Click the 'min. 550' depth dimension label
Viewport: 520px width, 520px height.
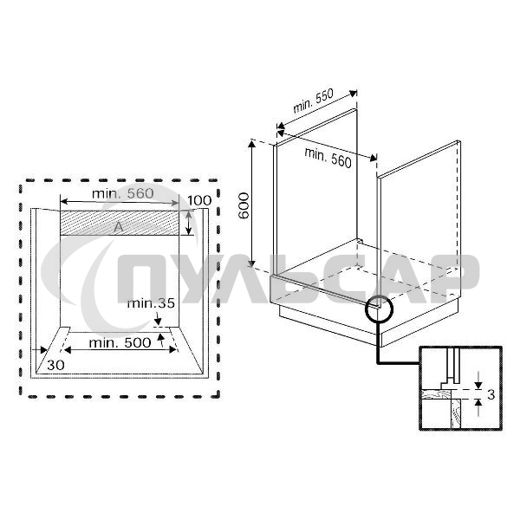click(313, 102)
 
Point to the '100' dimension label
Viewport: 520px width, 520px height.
click(198, 201)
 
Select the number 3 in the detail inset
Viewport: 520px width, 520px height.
click(491, 395)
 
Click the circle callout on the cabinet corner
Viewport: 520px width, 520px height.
click(379, 307)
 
